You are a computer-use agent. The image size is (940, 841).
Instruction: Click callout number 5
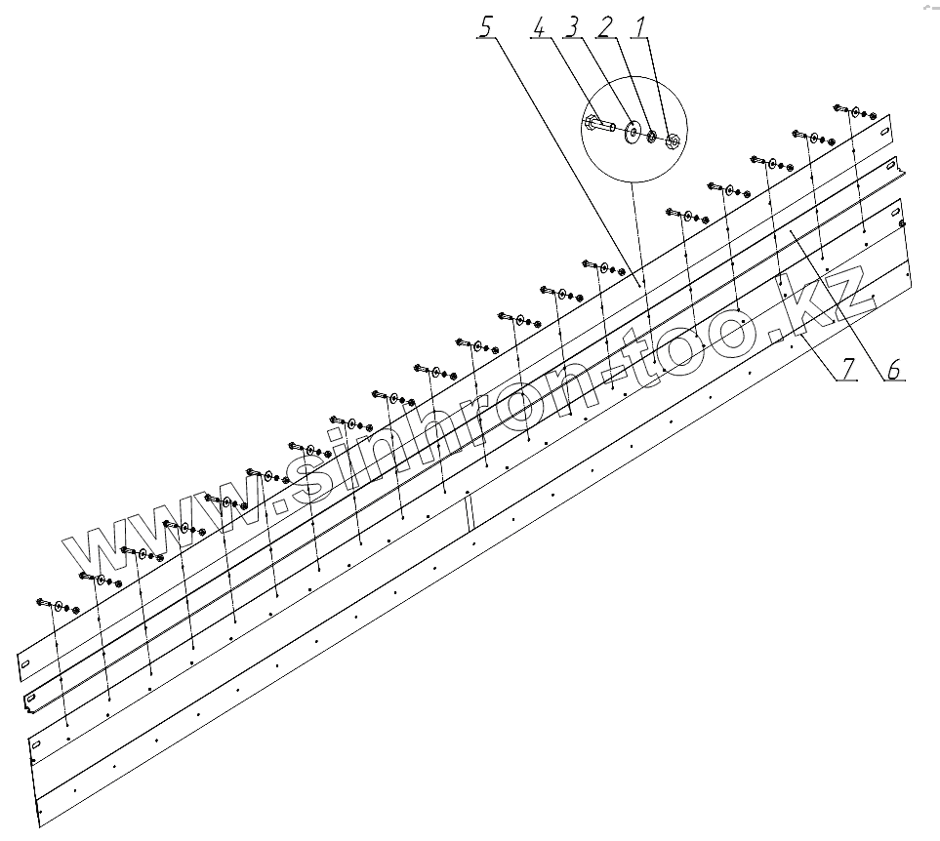click(486, 27)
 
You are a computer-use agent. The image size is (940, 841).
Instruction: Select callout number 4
click(538, 27)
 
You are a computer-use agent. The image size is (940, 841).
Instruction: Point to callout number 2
click(604, 27)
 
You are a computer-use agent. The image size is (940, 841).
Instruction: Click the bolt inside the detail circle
click(598, 125)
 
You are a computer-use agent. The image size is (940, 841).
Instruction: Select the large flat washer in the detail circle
click(633, 131)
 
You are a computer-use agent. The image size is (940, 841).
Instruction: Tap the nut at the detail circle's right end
click(673, 141)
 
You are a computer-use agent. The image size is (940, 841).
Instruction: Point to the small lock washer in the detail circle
click(651, 136)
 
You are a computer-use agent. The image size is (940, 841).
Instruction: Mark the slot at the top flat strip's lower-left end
click(26, 665)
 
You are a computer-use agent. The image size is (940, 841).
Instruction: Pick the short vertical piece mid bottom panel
click(469, 511)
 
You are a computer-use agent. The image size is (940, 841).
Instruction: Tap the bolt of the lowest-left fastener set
click(44, 603)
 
